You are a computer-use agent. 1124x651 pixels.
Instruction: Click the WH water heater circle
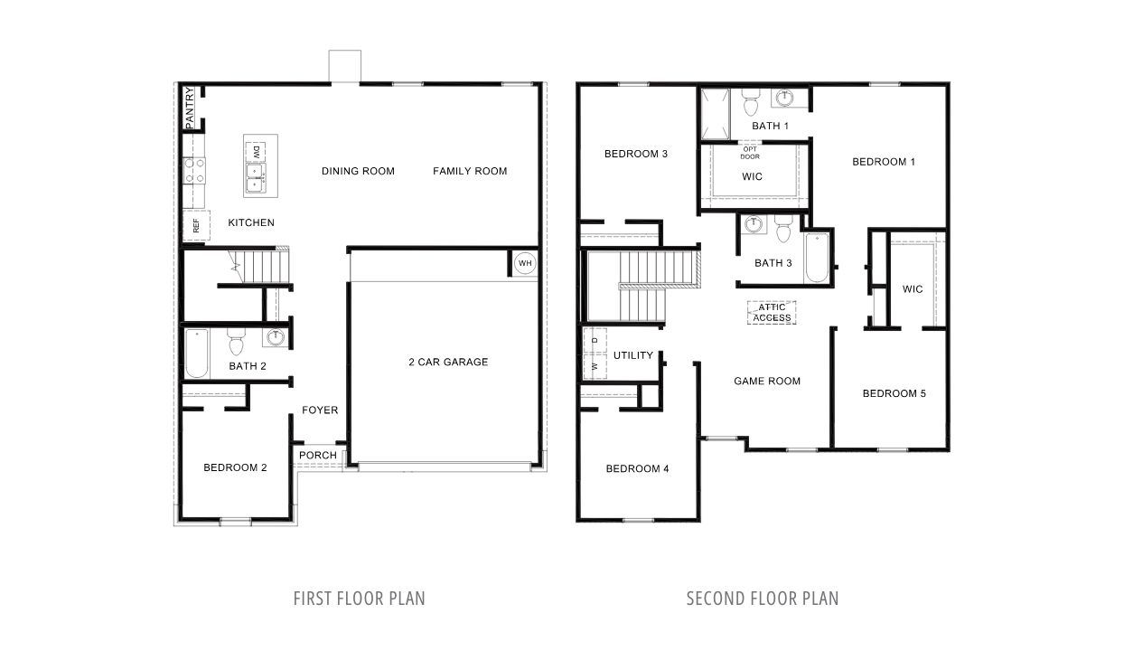pos(525,264)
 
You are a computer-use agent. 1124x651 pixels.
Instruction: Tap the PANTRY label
pos(190,107)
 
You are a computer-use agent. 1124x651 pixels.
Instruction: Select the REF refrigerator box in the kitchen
pos(195,226)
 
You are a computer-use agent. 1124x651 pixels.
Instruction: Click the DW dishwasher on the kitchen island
pos(256,150)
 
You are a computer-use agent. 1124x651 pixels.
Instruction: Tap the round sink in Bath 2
pos(275,338)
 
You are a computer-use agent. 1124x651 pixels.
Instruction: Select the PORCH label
pos(318,455)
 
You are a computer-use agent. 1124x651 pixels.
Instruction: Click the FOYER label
pos(320,410)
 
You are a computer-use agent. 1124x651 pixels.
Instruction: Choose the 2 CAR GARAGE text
pos(448,362)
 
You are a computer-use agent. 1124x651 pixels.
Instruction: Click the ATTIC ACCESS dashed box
pos(772,313)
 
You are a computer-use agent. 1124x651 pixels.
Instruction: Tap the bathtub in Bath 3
pos(817,259)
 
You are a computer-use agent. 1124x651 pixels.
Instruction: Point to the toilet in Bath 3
pos(782,231)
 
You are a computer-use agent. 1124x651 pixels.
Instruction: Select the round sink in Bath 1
pos(786,98)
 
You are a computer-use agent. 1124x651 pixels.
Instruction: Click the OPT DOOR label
pos(751,153)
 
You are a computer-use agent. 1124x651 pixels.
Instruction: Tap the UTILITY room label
pos(632,355)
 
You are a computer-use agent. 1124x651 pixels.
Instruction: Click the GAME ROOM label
pos(767,381)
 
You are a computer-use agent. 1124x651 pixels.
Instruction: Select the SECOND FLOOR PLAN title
pos(762,599)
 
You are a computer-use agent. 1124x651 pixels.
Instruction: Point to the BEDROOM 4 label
pos(638,468)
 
